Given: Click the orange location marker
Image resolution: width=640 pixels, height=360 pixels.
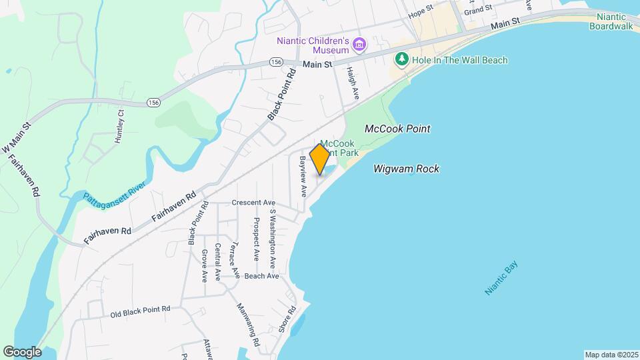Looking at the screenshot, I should coord(319,159).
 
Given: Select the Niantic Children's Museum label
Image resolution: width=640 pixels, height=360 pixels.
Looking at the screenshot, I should coord(313,45).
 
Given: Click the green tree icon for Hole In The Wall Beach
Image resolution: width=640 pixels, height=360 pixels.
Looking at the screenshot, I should coord(401,60).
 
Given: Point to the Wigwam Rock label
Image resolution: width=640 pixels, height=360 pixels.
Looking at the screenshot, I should coord(406,169).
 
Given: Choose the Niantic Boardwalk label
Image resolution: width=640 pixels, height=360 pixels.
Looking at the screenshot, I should coord(611,21).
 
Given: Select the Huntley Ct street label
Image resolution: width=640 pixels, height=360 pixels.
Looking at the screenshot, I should coord(120,126).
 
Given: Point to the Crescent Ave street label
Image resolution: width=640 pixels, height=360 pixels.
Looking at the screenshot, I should coord(253,203).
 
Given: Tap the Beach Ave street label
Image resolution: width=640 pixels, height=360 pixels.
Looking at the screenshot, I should coord(261,276).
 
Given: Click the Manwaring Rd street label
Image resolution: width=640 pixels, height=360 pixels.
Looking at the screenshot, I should coord(246,325).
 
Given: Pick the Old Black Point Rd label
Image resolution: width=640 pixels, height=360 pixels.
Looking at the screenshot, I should coord(140,309).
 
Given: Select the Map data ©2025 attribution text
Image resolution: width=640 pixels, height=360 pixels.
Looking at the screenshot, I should coord(610,354).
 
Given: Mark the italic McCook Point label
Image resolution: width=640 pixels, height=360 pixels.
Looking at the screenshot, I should coord(397,128).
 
